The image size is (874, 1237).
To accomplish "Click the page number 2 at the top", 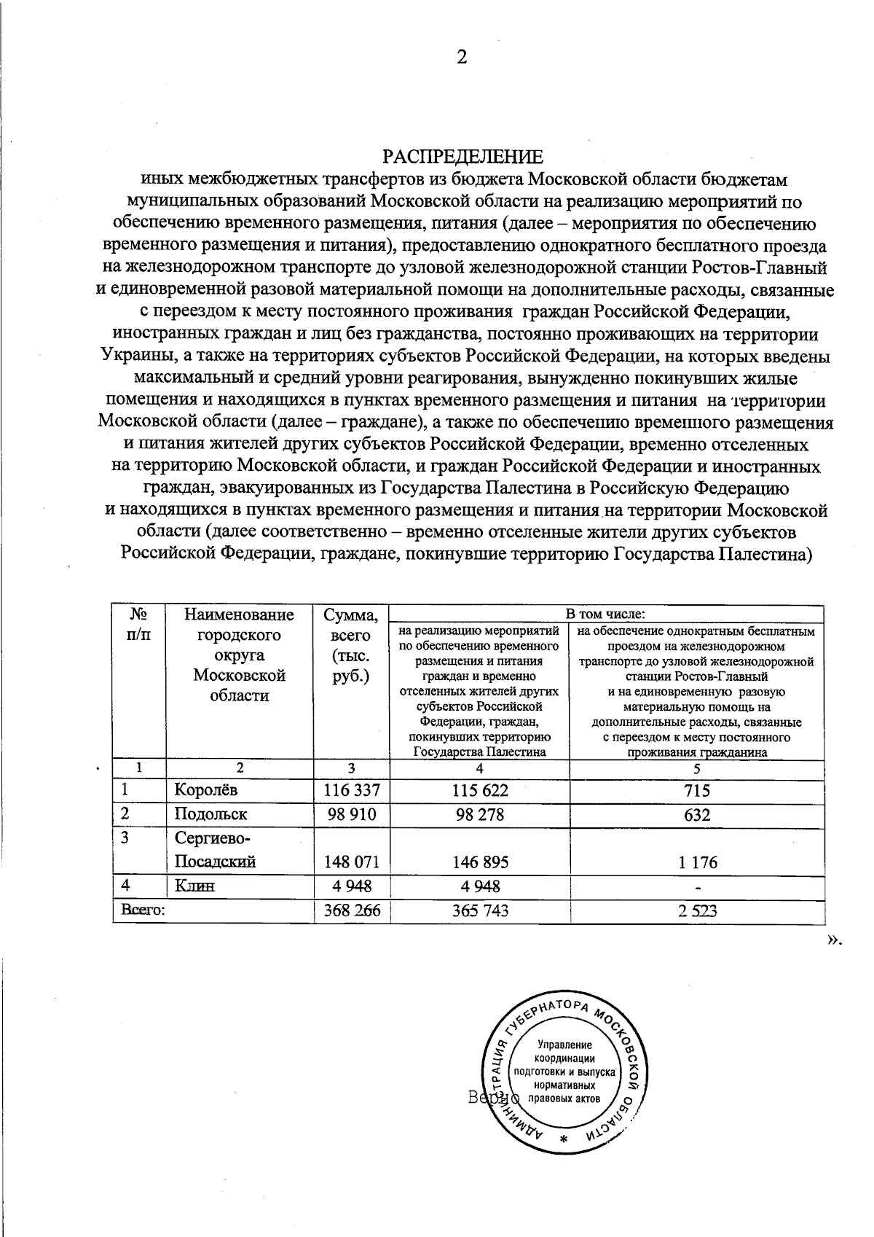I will pyautogui.click(x=462, y=58).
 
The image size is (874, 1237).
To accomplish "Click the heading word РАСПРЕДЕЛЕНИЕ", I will pyautogui.click(x=463, y=157).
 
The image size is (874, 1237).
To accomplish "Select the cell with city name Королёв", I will pyautogui.click(x=206, y=789).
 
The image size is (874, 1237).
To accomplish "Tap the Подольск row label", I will pyautogui.click(x=210, y=813).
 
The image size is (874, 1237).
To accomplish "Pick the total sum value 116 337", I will pyautogui.click(x=352, y=790).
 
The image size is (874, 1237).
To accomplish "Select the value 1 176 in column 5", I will pyautogui.click(x=697, y=862).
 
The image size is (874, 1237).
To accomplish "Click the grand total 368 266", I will pyautogui.click(x=352, y=910).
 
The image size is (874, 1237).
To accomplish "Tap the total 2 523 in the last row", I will pyautogui.click(x=697, y=910).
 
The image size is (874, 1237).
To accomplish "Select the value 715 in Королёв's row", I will pyautogui.click(x=697, y=790).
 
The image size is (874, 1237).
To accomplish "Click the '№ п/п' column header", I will pyautogui.click(x=139, y=624).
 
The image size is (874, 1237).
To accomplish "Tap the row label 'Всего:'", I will pyautogui.click(x=142, y=910).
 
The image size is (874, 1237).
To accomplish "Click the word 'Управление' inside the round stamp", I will pyautogui.click(x=565, y=1045).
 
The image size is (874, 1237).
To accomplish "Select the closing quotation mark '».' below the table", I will pyautogui.click(x=833, y=940).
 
